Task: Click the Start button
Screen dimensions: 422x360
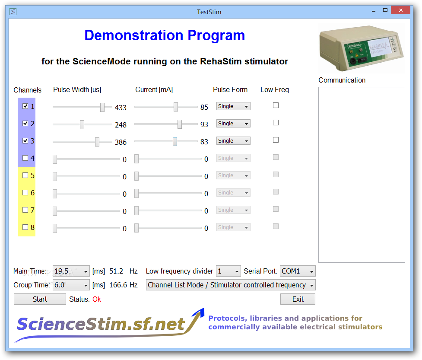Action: pos(40,299)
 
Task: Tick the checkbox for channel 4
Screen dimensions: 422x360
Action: pos(25,158)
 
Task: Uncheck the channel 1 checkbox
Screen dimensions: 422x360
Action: pos(25,106)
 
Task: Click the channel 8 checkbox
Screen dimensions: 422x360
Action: pos(25,227)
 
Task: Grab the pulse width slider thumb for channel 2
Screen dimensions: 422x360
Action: pos(82,124)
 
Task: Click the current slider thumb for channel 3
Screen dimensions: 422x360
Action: pos(175,142)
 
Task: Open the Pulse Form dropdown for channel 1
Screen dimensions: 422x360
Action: pos(233,106)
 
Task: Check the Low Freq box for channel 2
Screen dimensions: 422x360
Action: pos(276,123)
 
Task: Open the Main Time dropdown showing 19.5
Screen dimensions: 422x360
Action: pos(71,271)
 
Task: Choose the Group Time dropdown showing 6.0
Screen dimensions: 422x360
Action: pos(71,285)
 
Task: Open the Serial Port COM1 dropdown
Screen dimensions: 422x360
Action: pos(298,271)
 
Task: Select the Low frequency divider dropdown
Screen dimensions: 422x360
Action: pos(228,271)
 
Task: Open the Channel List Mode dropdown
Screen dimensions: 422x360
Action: pos(231,285)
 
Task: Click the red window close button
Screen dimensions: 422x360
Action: pos(401,10)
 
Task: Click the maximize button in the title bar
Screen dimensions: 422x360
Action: pos(385,10)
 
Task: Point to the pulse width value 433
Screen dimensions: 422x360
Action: pos(121,108)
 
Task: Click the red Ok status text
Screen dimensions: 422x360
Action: pos(97,299)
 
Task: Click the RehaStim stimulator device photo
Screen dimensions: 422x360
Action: pos(362,48)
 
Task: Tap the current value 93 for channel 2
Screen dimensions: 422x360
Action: pos(204,124)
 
